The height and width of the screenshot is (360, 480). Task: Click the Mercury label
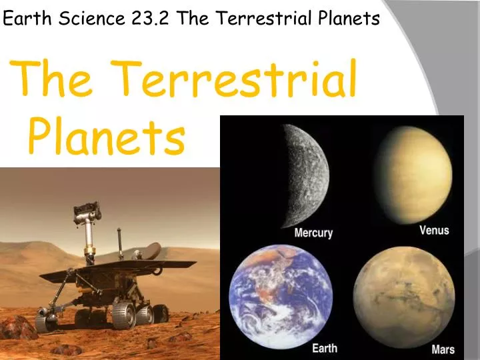pyautogui.click(x=313, y=233)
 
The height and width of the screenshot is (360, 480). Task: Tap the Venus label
pyautogui.click(x=434, y=231)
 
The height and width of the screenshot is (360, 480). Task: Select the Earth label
pyautogui.click(x=325, y=348)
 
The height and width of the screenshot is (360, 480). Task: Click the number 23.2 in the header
pyautogui.click(x=152, y=19)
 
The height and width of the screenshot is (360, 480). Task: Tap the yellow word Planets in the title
pyautogui.click(x=107, y=137)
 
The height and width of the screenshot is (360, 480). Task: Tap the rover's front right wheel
pyautogui.click(x=124, y=313)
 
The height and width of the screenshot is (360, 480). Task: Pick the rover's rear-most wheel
pyautogui.click(x=161, y=312)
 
